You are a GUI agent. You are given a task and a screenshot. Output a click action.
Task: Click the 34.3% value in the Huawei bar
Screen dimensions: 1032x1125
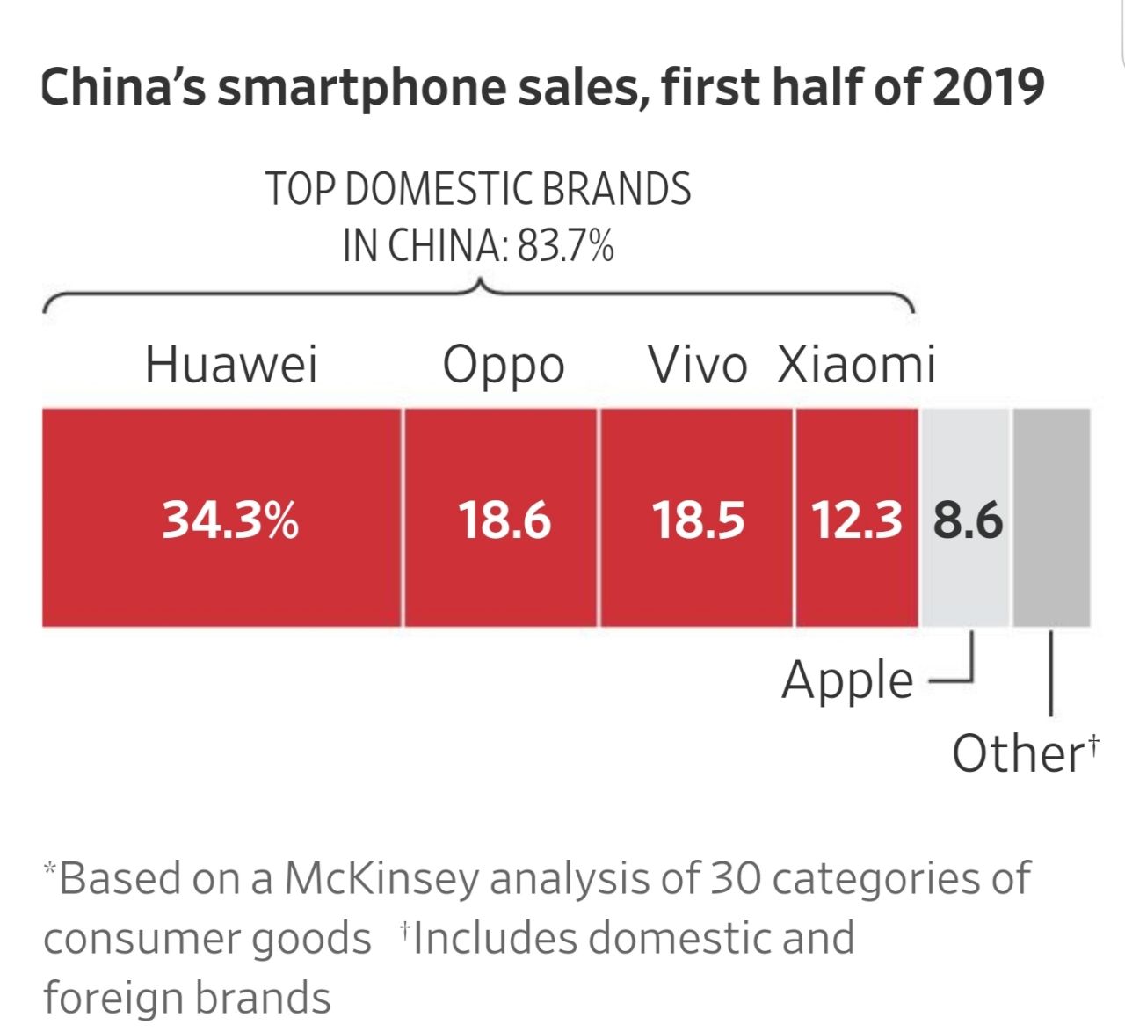(x=230, y=520)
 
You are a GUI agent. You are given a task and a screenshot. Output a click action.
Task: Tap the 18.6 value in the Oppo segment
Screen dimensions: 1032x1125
(x=504, y=520)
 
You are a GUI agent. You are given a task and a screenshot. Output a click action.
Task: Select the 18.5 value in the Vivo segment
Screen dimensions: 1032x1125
(x=698, y=520)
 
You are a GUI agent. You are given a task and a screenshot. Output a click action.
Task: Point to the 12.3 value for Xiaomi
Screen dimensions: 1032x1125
(x=856, y=520)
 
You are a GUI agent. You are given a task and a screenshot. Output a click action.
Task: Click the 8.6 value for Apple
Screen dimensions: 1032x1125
(x=967, y=520)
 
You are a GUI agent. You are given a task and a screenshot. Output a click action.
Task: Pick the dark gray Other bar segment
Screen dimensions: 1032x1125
(x=1051, y=518)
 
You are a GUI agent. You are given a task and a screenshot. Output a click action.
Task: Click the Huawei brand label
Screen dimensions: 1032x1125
(x=231, y=364)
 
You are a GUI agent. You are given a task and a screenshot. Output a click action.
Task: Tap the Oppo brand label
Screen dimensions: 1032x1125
(x=503, y=366)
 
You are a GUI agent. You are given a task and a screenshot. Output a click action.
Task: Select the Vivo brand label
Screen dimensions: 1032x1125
(x=697, y=364)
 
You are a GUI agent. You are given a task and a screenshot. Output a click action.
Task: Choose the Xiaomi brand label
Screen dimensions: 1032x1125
(x=856, y=364)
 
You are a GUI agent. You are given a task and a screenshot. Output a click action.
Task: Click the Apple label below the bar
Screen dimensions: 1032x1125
(x=847, y=681)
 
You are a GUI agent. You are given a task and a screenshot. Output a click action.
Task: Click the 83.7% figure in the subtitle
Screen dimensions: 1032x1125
(x=565, y=245)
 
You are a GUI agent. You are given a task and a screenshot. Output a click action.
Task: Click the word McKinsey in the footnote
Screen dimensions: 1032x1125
(x=382, y=877)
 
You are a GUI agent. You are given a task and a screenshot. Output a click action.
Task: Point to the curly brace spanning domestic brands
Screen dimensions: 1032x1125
(x=479, y=295)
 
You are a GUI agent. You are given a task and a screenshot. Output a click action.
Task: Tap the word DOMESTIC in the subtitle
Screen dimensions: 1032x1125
(x=438, y=189)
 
